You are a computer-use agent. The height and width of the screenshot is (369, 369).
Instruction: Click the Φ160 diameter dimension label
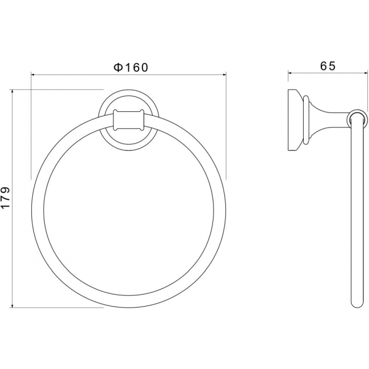(x=131, y=68)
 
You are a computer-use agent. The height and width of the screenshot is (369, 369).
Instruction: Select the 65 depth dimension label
(x=328, y=66)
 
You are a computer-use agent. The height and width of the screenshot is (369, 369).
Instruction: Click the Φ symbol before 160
(x=118, y=68)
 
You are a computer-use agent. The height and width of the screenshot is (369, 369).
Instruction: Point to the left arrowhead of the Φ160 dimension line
(x=33, y=75)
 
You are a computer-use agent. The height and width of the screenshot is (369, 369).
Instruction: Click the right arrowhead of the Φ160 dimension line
(x=224, y=75)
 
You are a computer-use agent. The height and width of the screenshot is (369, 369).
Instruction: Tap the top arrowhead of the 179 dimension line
(x=12, y=91)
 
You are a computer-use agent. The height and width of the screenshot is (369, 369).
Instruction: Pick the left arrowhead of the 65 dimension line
(x=290, y=73)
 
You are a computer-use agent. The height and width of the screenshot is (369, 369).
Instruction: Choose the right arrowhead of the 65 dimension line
(x=366, y=73)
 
